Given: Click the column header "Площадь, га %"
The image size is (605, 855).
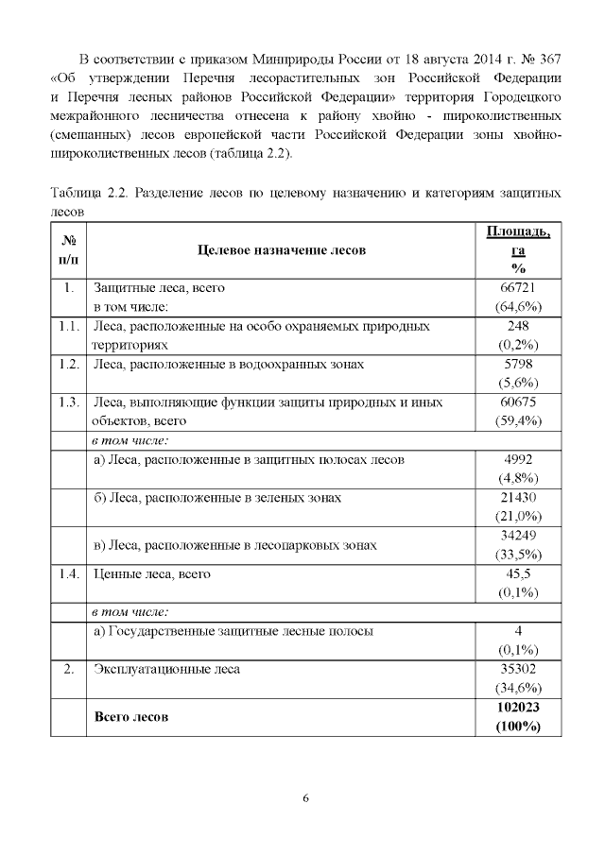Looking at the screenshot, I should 517,250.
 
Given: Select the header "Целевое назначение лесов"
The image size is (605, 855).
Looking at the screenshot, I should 281,250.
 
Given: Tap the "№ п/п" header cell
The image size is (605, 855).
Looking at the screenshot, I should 68,250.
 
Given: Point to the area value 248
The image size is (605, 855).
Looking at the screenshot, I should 517,326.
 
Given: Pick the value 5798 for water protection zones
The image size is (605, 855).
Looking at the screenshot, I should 517,364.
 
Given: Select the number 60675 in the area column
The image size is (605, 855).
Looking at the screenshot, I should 517,402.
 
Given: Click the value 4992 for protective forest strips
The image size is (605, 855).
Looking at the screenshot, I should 517,460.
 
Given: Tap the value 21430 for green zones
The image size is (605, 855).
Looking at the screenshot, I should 517,498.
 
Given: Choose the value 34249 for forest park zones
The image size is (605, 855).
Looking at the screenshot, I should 517,536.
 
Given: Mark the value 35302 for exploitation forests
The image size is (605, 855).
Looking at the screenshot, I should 517,669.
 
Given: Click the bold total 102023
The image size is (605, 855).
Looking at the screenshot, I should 517,707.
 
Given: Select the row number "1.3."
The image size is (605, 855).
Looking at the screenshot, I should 66,402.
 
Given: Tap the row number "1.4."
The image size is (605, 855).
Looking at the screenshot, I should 66,573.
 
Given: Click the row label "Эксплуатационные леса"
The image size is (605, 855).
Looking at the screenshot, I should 166,669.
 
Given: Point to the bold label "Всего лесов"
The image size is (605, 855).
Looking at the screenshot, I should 131,717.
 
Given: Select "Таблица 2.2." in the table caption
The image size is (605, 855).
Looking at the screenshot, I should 88,194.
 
